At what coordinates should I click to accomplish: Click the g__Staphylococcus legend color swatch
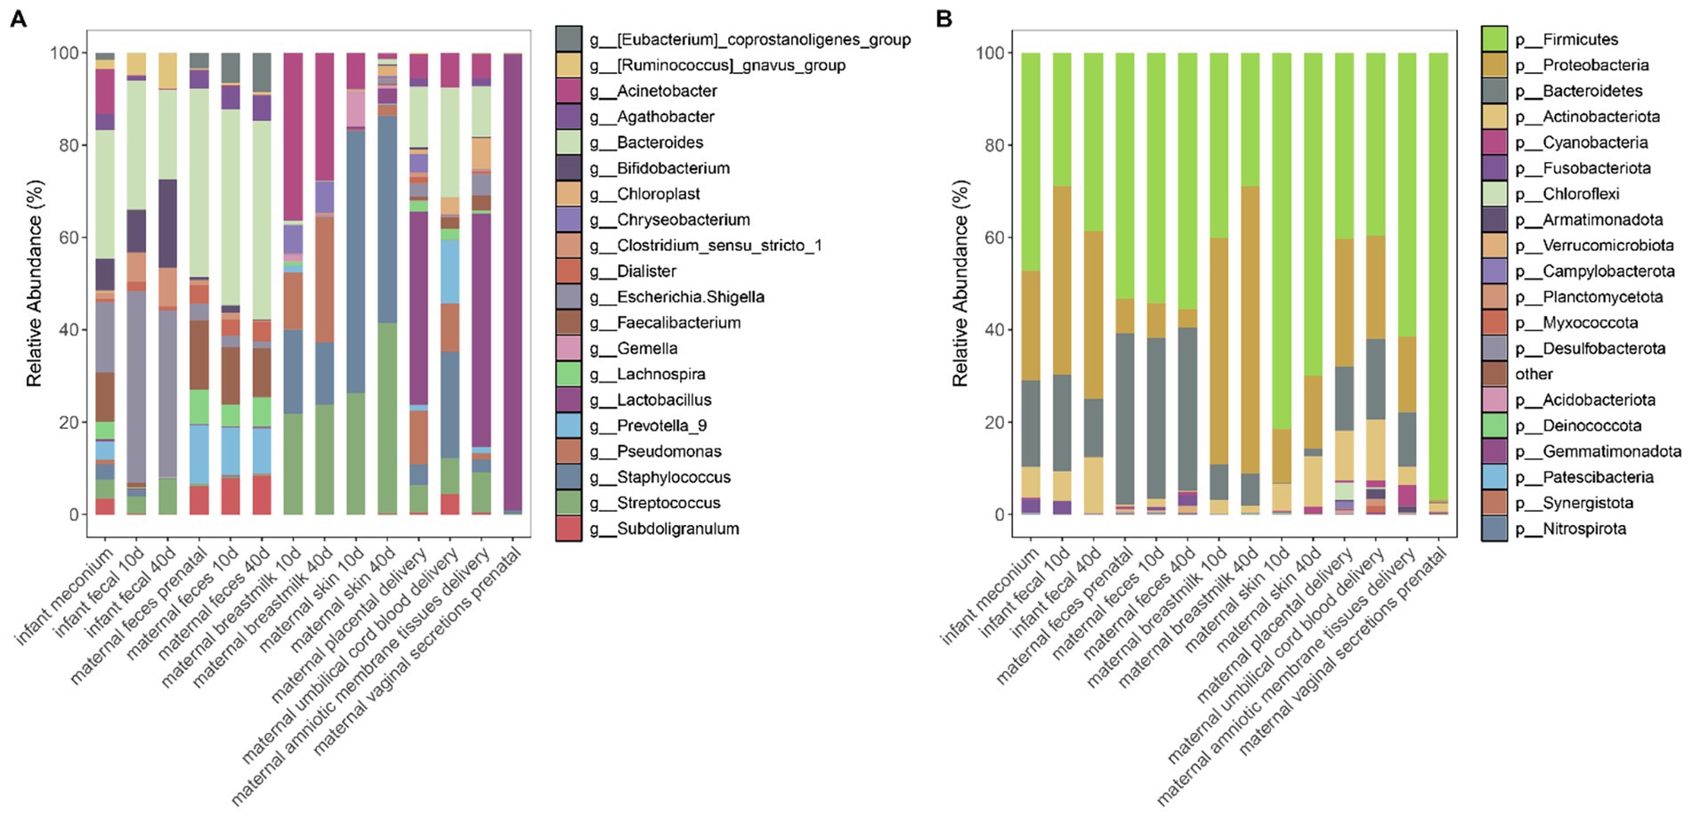point(569,477)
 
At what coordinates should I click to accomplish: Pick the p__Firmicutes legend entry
point(1580,39)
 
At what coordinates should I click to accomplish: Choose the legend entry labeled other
point(1534,374)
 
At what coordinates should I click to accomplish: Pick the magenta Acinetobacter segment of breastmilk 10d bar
point(294,133)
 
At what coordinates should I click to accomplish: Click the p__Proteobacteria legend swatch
point(1494,65)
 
